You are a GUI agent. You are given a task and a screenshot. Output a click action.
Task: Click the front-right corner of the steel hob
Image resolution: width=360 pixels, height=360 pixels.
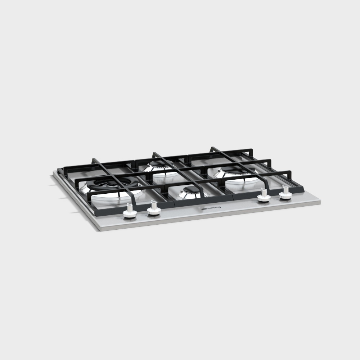pyautogui.click(x=320, y=204)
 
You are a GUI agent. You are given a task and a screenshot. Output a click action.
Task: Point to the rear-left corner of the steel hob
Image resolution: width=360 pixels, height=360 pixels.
pyautogui.click(x=54, y=172)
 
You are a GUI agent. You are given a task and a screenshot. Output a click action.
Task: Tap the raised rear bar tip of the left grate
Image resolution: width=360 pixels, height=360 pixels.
pyautogui.click(x=93, y=159)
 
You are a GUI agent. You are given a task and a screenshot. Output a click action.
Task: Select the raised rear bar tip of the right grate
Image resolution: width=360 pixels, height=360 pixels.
pyautogui.click(x=212, y=148)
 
